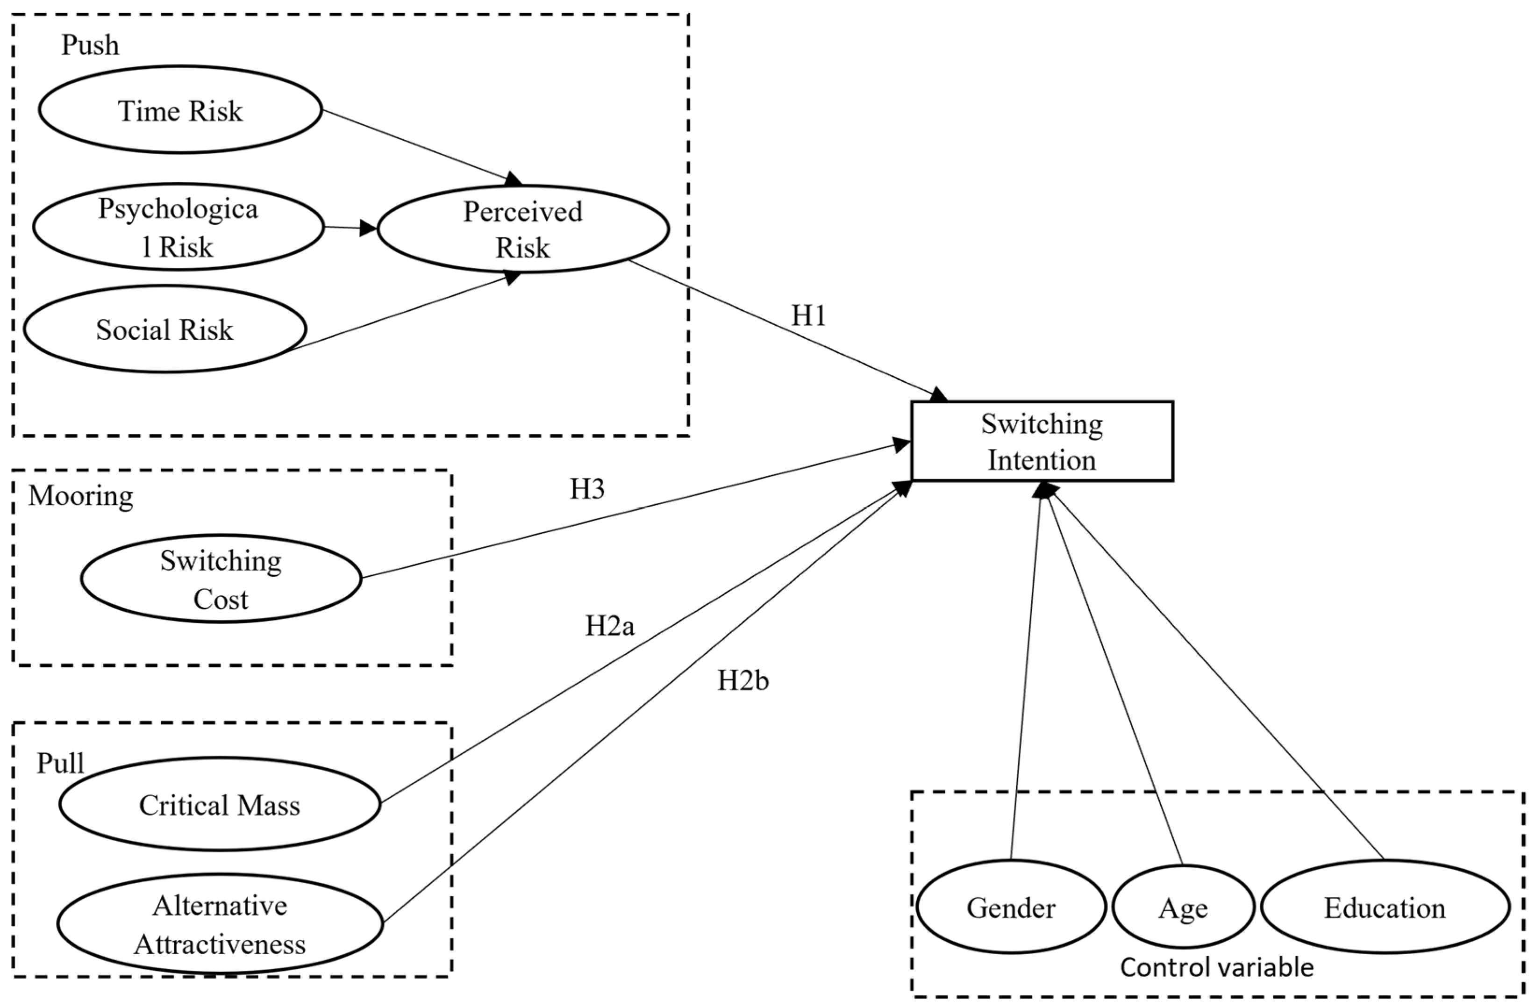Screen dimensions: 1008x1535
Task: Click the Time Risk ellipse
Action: tap(180, 110)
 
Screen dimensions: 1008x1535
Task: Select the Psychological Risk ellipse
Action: tap(178, 227)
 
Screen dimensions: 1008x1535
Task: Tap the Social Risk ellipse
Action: tap(165, 329)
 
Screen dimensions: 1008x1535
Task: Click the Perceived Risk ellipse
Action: tap(522, 229)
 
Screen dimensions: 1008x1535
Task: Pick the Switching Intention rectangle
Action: tap(1042, 441)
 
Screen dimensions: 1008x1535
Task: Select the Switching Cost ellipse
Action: tap(221, 579)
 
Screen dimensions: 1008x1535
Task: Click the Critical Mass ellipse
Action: tap(219, 804)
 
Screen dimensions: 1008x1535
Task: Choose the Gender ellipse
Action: tap(1011, 908)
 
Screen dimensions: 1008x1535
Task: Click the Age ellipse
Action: tap(1183, 908)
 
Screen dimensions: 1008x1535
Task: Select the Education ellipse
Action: tap(1385, 908)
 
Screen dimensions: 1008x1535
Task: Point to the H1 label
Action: tap(808, 315)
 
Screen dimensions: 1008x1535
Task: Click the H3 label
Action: tap(587, 489)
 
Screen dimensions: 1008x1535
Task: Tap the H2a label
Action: tap(609, 626)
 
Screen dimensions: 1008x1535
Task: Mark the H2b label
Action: tap(743, 680)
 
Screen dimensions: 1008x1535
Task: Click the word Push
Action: tap(90, 45)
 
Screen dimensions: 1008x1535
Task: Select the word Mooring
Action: tap(81, 495)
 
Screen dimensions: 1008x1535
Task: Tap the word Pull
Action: tap(60, 763)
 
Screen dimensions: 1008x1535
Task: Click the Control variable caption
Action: tap(1216, 967)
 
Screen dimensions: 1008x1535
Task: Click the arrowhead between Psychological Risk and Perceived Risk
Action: tap(368, 228)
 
